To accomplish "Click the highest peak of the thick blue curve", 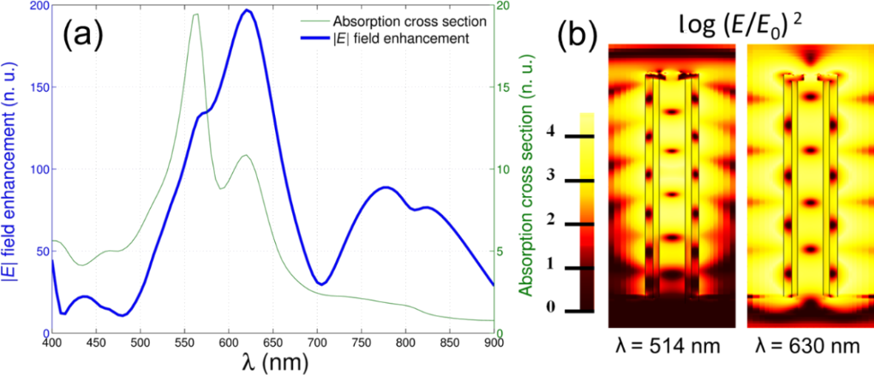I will point(247,10).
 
